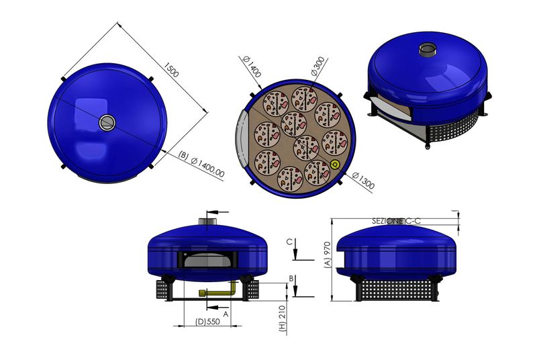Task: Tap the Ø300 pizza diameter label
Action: click(320, 67)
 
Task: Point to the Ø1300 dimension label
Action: click(361, 181)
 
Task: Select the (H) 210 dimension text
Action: click(282, 318)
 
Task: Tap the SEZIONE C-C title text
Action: click(397, 220)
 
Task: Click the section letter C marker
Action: click(289, 242)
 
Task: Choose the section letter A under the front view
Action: click(226, 313)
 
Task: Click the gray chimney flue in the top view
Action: click(107, 122)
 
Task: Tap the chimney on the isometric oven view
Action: click(427, 50)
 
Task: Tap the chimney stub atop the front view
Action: click(208, 218)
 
